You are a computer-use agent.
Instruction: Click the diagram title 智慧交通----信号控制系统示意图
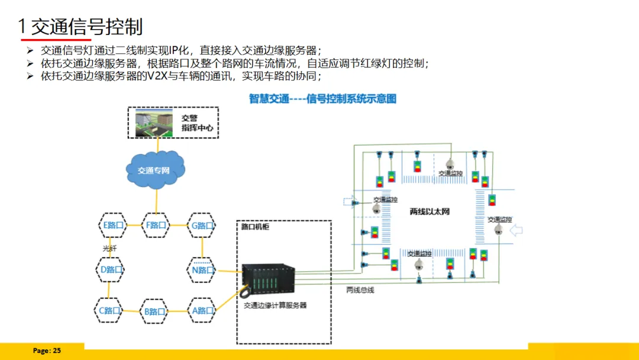[x=322, y=98]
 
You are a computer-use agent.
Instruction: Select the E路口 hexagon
[x=112, y=225]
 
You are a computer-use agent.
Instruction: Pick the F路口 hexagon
[x=156, y=225]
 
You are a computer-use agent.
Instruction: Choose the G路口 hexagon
[x=202, y=225]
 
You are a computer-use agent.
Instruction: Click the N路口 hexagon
[x=202, y=270]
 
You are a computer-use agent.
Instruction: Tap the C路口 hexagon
[x=110, y=310]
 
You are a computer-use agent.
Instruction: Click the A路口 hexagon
[x=202, y=310]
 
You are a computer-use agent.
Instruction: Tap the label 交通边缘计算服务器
[x=275, y=306]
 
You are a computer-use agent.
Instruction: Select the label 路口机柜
[x=255, y=227]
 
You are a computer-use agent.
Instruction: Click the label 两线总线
[x=360, y=290]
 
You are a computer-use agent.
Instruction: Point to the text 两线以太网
[x=430, y=211]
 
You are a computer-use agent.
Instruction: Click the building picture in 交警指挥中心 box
[x=153, y=122]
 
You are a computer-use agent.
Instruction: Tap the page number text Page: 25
[x=47, y=351]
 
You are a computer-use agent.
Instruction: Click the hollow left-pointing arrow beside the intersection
[x=517, y=230]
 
